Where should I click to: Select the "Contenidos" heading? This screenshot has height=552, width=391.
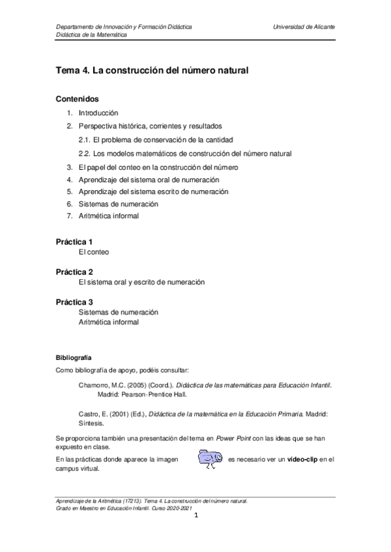click(x=77, y=100)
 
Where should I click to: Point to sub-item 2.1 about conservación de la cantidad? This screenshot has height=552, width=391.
click(x=156, y=140)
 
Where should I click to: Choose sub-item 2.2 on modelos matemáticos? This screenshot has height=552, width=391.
click(x=184, y=154)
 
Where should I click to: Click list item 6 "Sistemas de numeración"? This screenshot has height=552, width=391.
click(x=118, y=204)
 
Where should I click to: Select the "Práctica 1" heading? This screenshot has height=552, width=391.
click(x=74, y=241)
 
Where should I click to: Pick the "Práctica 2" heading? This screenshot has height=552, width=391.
click(x=74, y=271)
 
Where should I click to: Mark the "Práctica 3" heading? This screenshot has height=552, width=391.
click(x=74, y=302)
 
